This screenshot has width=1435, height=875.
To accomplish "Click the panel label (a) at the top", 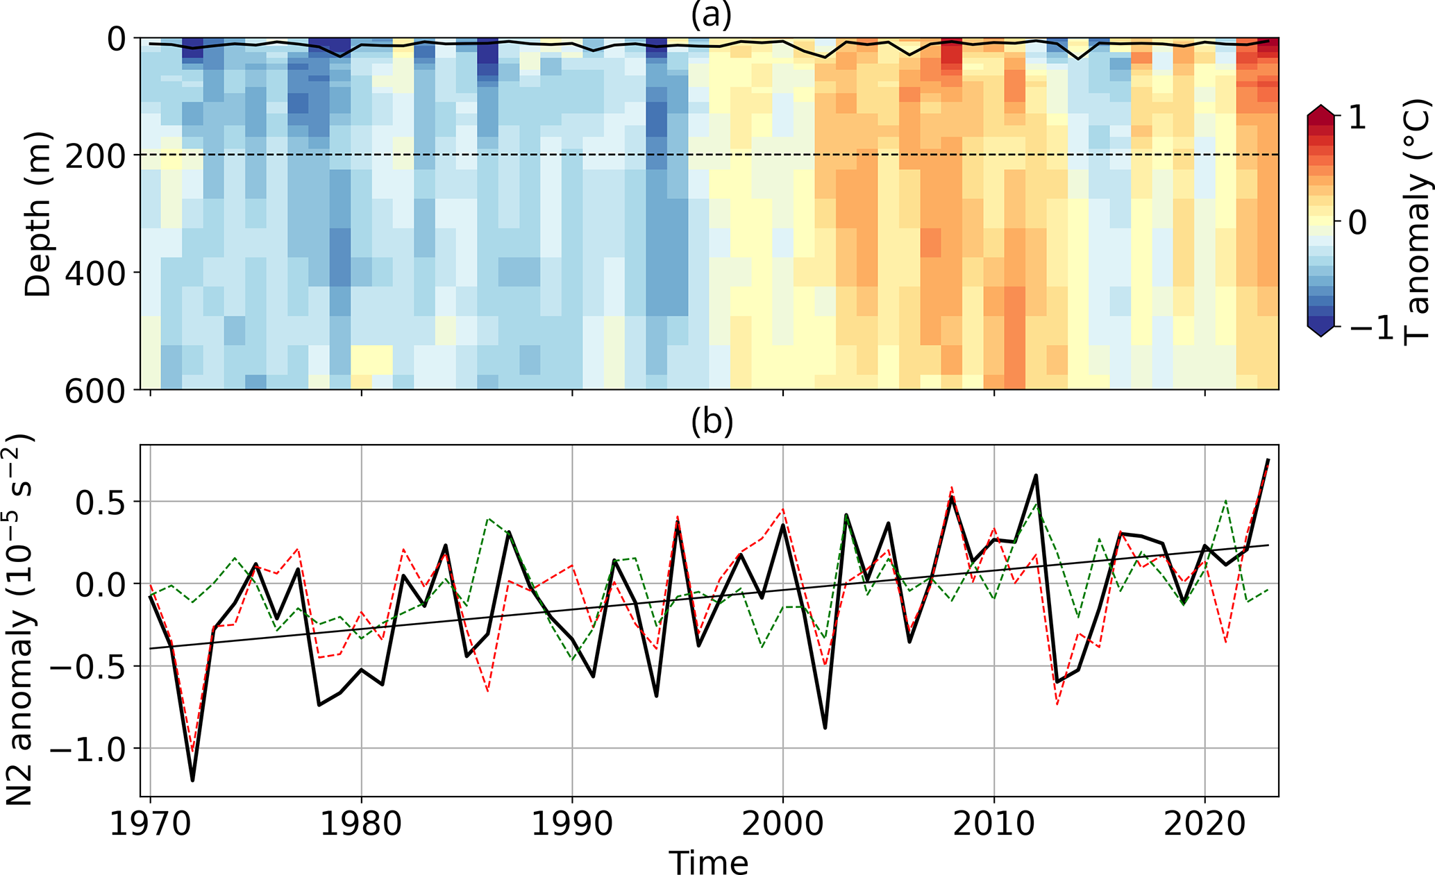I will [711, 15].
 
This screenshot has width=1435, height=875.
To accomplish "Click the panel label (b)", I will [711, 423].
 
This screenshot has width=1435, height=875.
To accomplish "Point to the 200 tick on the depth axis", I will [96, 157].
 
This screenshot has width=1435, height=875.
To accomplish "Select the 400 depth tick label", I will [96, 274].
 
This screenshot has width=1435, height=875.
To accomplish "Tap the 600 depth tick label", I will [96, 391].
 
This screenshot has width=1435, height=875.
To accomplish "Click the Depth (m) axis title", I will [37, 214].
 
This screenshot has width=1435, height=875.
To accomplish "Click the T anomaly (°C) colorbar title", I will [1416, 222].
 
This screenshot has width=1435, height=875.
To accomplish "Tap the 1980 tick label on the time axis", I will [361, 824].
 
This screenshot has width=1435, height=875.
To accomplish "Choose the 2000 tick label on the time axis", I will [783, 824].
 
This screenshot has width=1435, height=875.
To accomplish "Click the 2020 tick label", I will [1205, 824].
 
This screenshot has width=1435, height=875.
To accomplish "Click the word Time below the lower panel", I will [708, 863].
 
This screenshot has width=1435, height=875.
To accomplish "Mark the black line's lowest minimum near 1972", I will [192, 780].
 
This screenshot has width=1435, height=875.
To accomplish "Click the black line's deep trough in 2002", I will [825, 727].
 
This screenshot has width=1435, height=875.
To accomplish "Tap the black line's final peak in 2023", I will [1268, 460].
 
